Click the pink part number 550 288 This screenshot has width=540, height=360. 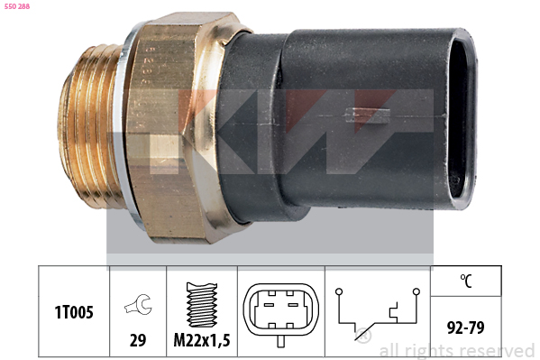click(17, 6)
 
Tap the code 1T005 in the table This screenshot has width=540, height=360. click(74, 312)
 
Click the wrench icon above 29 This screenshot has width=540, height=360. click(138, 304)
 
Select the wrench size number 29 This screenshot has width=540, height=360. click(138, 340)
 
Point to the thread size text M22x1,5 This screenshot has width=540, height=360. click(202, 340)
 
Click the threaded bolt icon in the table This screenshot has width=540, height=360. click(202, 305)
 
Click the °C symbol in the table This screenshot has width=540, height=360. click(466, 281)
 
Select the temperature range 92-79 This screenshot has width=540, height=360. click(465, 328)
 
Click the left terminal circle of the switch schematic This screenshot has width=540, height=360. click(339, 291)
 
